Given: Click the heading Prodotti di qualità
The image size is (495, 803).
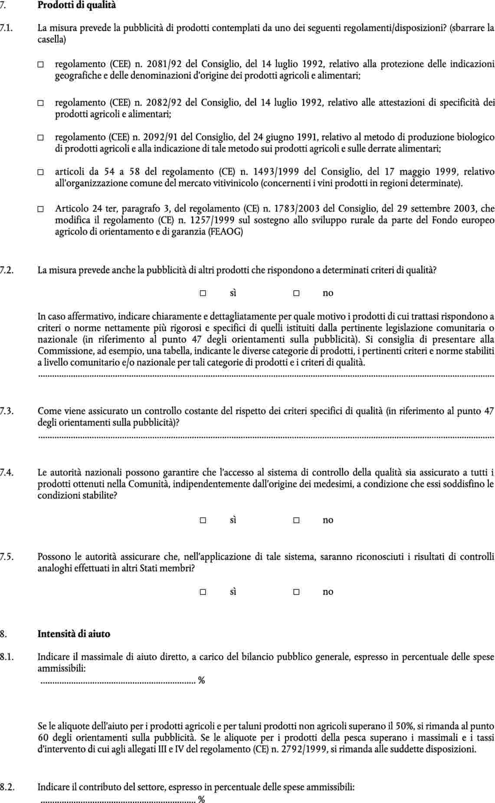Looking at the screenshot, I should [77, 6].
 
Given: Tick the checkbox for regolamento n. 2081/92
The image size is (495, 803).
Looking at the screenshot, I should [40, 65].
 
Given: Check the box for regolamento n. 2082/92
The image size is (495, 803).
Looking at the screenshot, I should [40, 103].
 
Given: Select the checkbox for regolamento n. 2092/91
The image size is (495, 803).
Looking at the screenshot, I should [40, 138].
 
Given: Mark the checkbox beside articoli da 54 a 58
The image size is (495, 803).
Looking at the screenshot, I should [40, 172].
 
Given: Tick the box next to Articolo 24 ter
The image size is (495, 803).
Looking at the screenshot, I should [40, 209].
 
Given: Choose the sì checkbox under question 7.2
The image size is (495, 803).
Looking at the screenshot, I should [203, 293].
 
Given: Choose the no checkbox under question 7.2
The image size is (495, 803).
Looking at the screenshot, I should [296, 293].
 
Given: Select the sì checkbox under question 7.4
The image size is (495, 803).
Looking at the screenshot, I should [203, 520].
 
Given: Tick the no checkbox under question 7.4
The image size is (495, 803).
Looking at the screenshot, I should [296, 520].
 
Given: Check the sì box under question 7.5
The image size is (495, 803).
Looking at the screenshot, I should [203, 592].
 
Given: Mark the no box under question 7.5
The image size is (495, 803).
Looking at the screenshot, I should [296, 592].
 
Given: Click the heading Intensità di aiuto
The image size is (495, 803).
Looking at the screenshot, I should [74, 634].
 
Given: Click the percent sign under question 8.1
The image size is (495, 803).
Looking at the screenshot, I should [201, 680].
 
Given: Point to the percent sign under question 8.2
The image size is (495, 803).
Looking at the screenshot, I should [201, 799].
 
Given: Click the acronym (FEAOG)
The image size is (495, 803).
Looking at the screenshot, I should [226, 232].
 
